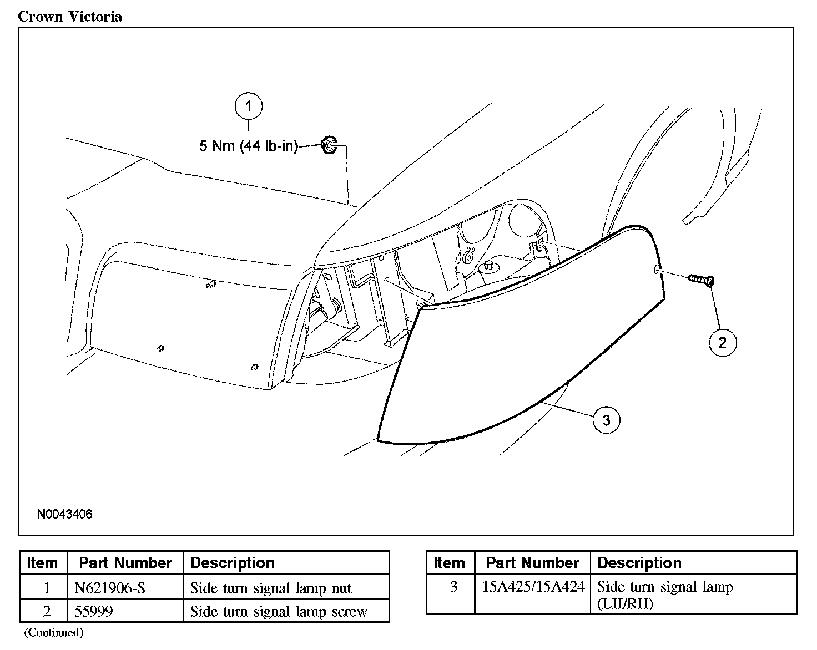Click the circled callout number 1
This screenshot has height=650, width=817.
pyautogui.click(x=248, y=106)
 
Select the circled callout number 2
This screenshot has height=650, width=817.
pyautogui.click(x=722, y=342)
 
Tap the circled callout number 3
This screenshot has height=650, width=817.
pyautogui.click(x=606, y=420)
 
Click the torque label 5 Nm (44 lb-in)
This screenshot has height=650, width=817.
pyautogui.click(x=248, y=146)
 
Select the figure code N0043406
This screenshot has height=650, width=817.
pyautogui.click(x=64, y=514)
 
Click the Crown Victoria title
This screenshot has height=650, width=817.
pyautogui.click(x=70, y=16)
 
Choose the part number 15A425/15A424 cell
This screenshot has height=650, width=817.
pyautogui.click(x=533, y=587)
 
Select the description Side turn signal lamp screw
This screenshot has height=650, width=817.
pyautogui.click(x=279, y=611)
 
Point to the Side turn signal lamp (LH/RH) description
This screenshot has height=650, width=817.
pyautogui.click(x=665, y=595)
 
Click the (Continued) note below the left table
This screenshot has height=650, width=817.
pyautogui.click(x=53, y=632)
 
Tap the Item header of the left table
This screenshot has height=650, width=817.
pyautogui.click(x=43, y=563)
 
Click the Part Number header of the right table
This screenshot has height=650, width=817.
pyautogui.click(x=532, y=563)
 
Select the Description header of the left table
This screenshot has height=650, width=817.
pyautogui.click(x=232, y=563)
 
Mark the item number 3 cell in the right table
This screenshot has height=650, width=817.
pyautogui.click(x=453, y=587)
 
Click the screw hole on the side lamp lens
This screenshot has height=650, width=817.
pyautogui.click(x=657, y=270)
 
